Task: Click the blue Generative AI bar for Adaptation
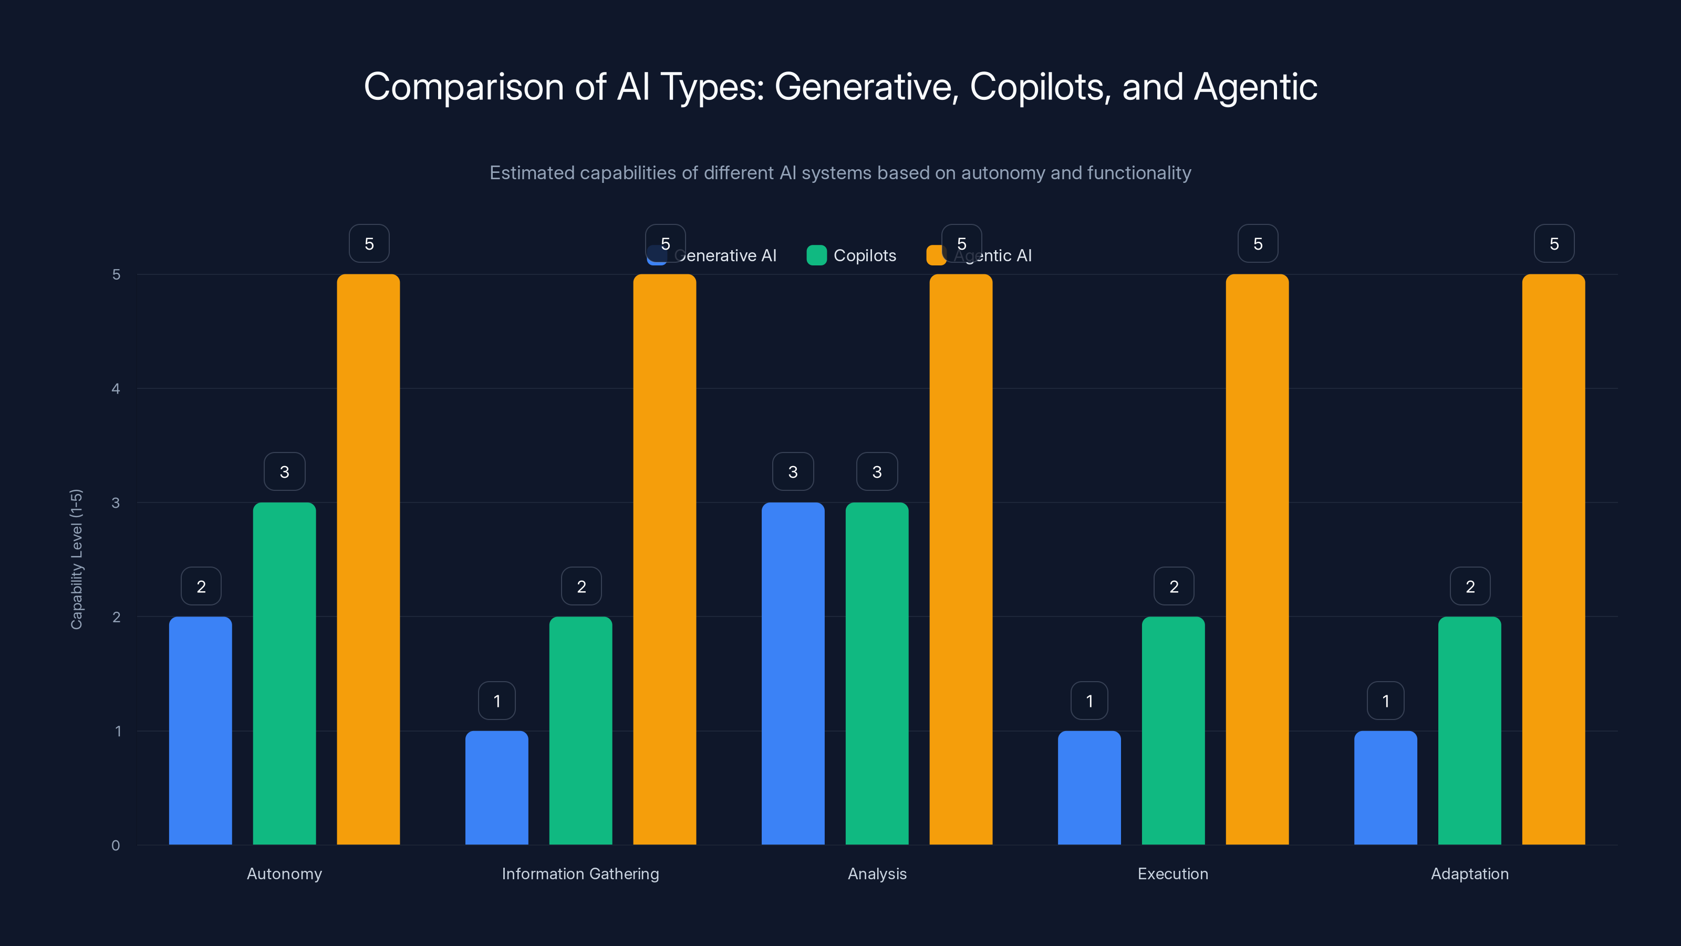[1385, 787]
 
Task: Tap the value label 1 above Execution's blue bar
[1089, 701]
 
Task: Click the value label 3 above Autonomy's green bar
[285, 471]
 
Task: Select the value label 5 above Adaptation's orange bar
[1554, 243]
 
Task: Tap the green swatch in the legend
[816, 255]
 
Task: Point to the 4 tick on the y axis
[116, 388]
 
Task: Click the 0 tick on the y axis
[116, 846]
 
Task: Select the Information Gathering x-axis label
[580, 873]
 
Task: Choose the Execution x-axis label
[1172, 873]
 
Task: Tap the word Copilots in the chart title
[1040, 87]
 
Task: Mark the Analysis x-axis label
[877, 873]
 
